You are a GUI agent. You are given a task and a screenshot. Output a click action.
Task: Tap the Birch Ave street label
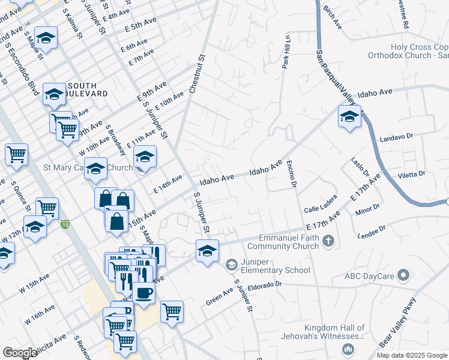point(332,19)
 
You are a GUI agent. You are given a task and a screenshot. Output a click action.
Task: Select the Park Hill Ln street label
point(286,52)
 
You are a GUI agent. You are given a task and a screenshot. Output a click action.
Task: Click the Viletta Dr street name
point(411,174)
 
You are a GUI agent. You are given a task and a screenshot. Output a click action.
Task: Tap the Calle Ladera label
point(320,208)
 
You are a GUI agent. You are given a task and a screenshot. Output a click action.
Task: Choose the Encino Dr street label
point(292,174)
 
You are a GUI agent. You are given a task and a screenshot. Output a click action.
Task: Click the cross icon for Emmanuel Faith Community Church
point(328,241)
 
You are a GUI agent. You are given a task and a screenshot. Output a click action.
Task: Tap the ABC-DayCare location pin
point(403,276)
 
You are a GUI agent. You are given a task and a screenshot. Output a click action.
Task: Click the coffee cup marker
point(143,293)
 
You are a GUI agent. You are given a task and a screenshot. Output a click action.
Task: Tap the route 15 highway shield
point(65,225)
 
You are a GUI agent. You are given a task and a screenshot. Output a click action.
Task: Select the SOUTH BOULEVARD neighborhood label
point(87,89)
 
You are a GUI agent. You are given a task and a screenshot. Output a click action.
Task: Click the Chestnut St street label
point(197,75)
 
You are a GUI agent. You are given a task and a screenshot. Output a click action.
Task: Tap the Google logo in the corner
point(20,353)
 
